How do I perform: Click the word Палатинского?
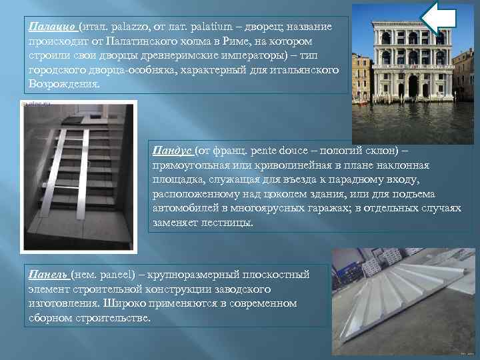(131, 41)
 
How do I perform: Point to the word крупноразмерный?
(215, 275)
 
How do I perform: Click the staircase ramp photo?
(79, 173)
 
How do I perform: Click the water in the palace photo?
(413, 120)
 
